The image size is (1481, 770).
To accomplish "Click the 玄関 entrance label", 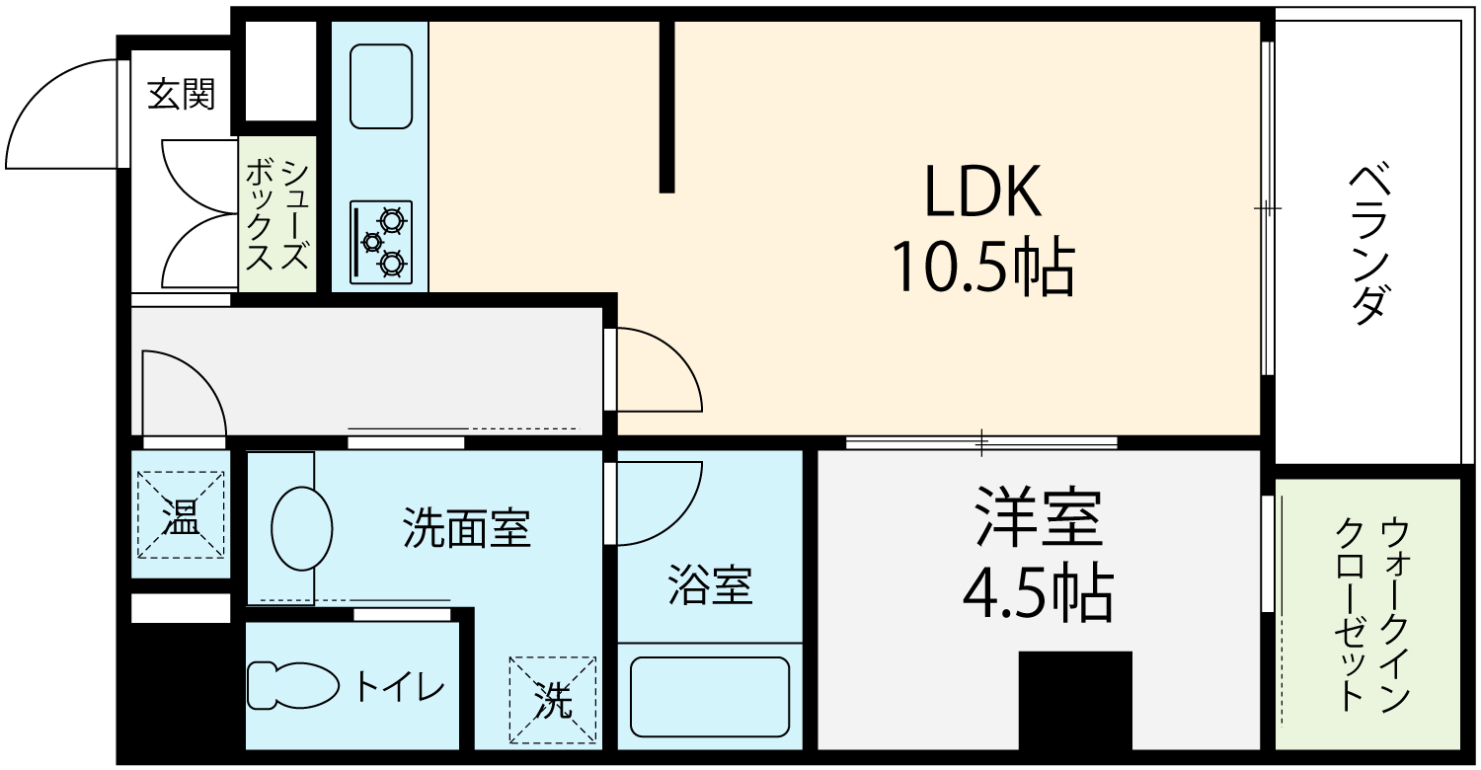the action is (x=181, y=94).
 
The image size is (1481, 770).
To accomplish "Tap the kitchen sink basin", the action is (x=381, y=87).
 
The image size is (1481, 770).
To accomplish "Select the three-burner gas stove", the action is (x=381, y=243).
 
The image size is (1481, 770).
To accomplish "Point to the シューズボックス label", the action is (x=277, y=215).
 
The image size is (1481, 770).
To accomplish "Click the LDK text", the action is (x=982, y=191).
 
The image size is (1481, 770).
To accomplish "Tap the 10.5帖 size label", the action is (x=982, y=267).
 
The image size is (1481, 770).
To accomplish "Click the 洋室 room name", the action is (x=1039, y=517).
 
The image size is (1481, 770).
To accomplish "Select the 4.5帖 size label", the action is (x=1038, y=593).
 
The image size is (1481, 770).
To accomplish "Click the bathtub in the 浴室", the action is (x=710, y=697).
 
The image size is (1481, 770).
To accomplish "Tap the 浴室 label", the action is (x=710, y=585).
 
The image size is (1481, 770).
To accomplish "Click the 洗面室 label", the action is (x=467, y=527).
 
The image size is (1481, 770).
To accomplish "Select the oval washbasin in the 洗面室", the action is (x=301, y=528).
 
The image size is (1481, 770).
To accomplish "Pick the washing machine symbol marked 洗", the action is (x=553, y=699).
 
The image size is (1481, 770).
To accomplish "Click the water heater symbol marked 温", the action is (x=181, y=515).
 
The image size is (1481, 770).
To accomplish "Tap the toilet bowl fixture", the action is (x=293, y=685).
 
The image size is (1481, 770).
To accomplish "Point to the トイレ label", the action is (x=400, y=687).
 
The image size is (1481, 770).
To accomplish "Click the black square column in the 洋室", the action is (x=1075, y=701).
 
